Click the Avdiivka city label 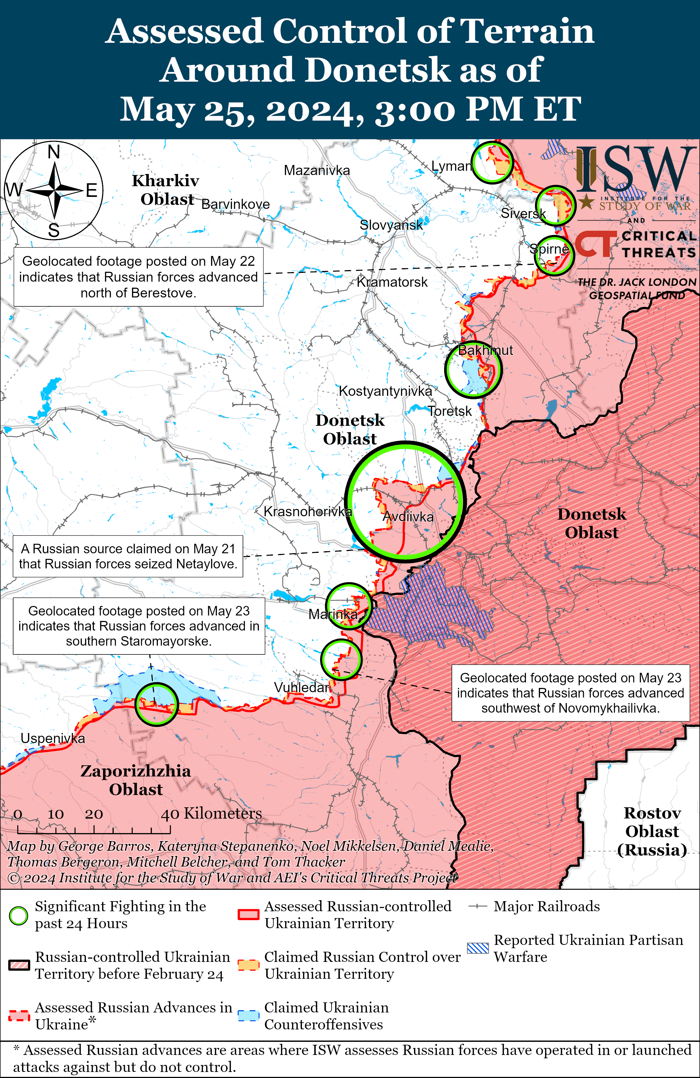click(408, 517)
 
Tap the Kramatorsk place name click(392, 282)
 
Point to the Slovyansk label click(391, 225)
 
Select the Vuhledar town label click(301, 688)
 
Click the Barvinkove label click(235, 204)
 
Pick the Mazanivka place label click(317, 170)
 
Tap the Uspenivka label click(52, 738)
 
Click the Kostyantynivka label click(385, 391)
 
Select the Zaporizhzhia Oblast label click(135, 780)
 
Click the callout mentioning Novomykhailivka click(570, 693)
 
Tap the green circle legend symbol click(19, 915)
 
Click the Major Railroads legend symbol click(478, 906)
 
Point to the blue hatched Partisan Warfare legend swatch click(478, 948)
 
